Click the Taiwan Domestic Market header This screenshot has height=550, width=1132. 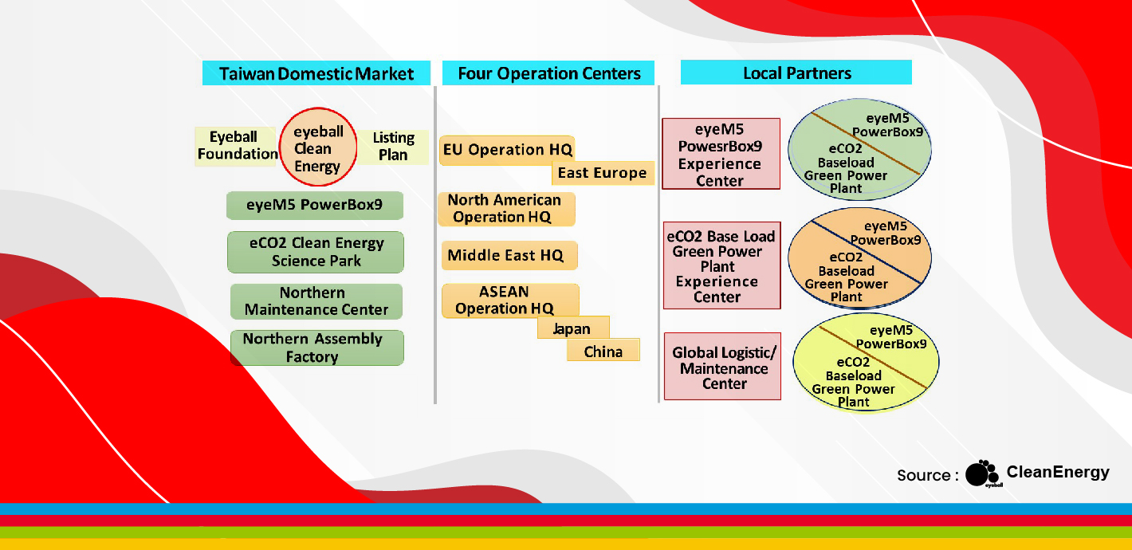coord(316,73)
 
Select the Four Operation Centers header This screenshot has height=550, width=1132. coord(548,73)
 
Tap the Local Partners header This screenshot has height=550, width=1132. coord(796,73)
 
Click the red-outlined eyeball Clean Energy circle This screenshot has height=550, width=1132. coord(318,147)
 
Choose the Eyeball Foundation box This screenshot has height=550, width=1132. coord(236,146)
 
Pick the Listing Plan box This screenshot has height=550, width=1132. coord(393,147)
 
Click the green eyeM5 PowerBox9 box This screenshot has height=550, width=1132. coord(315,205)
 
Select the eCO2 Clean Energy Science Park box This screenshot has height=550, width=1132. coord(316,252)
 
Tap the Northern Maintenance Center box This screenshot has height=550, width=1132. coord(316,301)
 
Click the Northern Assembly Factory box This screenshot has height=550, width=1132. coord(316,348)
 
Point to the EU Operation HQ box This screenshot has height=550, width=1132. coord(507,150)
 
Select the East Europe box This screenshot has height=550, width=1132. coord(603,173)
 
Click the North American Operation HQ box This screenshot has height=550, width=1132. coord(506,209)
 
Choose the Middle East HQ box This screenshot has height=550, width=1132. coord(509,255)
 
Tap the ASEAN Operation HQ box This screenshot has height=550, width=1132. coord(510,301)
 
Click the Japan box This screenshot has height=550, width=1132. coord(574,328)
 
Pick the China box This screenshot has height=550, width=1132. coord(603,350)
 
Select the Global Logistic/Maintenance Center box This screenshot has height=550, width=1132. coord(723,367)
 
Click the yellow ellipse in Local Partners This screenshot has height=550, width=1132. coord(867,363)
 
